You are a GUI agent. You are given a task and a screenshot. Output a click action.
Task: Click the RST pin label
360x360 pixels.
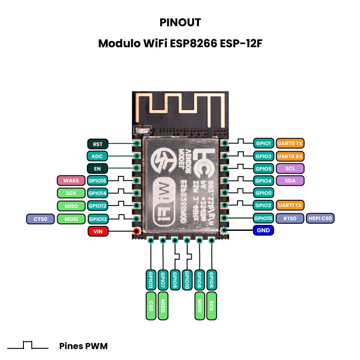98,144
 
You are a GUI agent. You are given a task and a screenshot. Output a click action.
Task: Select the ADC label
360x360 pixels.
98,156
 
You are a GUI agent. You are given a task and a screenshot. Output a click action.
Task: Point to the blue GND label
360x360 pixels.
263,230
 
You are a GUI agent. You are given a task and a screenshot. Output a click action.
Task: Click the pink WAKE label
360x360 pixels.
71,181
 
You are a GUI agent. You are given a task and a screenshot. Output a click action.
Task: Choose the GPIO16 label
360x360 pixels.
98,181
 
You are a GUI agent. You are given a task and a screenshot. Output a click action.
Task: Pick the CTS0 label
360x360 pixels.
40,219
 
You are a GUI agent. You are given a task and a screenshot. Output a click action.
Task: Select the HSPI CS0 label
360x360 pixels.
320,219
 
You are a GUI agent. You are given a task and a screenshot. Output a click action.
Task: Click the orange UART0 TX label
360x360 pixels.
290,144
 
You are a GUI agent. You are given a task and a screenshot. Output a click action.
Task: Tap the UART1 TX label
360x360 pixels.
290,205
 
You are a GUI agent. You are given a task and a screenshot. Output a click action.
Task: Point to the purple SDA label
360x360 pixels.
290,180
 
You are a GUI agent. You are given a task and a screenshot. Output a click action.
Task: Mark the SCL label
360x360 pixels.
290,168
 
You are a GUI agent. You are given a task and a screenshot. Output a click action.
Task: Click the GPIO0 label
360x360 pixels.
263,193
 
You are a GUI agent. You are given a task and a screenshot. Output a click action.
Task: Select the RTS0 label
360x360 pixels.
290,219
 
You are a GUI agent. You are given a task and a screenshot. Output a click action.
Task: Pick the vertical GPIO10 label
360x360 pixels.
187,280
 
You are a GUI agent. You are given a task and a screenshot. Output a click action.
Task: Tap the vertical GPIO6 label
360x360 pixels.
211,280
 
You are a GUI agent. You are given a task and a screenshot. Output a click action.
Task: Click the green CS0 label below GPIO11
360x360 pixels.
151,306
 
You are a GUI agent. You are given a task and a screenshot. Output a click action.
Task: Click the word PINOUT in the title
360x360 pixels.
180,22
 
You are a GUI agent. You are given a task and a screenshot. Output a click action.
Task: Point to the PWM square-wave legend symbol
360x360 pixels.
28,346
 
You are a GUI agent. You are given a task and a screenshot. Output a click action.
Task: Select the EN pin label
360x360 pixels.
98,169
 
